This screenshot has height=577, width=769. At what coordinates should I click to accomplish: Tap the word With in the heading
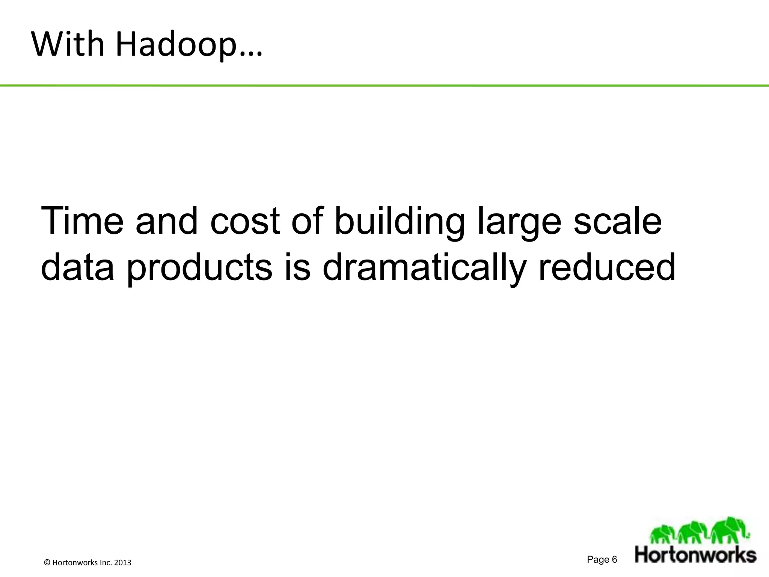[68, 44]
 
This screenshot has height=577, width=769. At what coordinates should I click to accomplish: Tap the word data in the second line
[77, 267]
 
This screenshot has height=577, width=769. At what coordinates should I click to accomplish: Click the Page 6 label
[602, 560]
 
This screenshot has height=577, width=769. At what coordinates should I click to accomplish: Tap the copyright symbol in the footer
[47, 563]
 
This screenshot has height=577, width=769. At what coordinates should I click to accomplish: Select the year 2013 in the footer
[122, 563]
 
